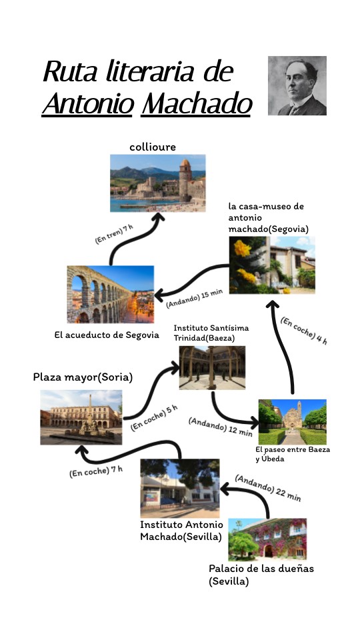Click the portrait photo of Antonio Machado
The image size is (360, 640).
(x=297, y=86)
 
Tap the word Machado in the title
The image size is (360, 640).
(x=196, y=104)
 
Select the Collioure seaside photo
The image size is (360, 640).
(x=157, y=183)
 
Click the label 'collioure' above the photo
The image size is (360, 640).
(x=153, y=147)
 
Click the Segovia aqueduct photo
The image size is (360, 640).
(x=110, y=294)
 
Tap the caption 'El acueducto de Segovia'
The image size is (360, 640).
(x=107, y=335)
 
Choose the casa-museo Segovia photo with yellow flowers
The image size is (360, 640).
(x=272, y=265)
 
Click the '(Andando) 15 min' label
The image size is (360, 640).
(x=195, y=299)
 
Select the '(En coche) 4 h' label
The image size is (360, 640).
(x=304, y=331)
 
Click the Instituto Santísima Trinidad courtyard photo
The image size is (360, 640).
(x=212, y=367)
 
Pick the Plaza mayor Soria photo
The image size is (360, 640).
(x=81, y=417)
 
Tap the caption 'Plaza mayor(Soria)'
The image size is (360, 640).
(x=83, y=377)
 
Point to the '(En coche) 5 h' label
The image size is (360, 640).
(x=154, y=418)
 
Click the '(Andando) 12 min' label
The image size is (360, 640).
(x=221, y=427)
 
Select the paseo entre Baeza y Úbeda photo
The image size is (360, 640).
(x=292, y=422)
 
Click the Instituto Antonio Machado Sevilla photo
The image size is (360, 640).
(x=180, y=488)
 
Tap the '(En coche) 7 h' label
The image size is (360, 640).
(x=96, y=471)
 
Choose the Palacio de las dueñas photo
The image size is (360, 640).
(x=267, y=539)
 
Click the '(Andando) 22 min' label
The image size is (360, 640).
(x=268, y=488)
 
